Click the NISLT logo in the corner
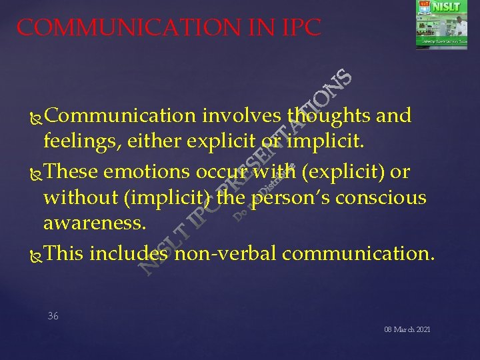[441, 25]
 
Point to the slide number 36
[53, 316]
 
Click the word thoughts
[329, 116]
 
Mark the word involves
[241, 116]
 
